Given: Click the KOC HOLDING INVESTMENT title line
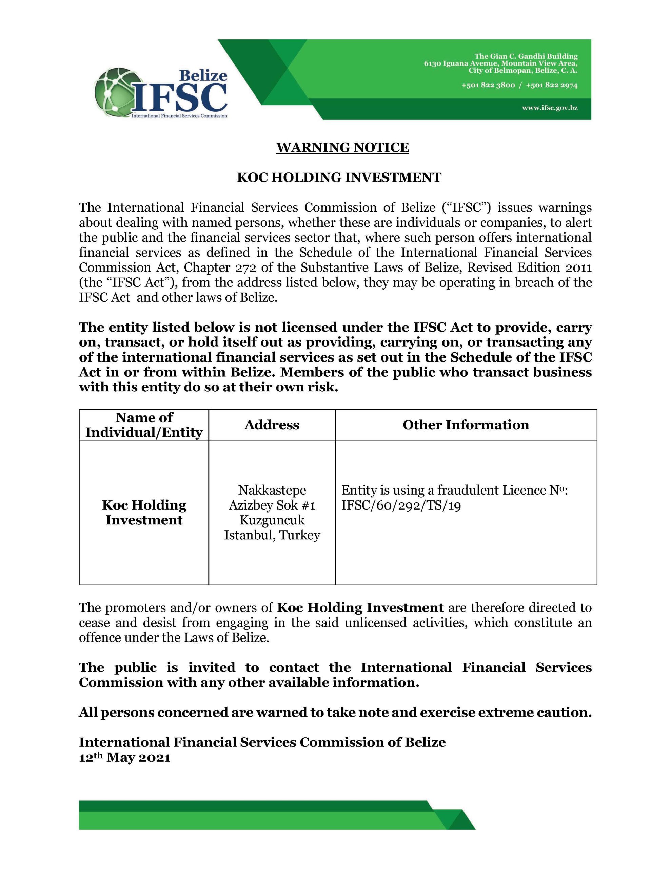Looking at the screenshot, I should click(339, 178).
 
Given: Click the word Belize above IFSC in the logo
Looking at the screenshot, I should click(203, 76).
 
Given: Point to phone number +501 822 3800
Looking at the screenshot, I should click(488, 85).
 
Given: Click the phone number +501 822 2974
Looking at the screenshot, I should click(551, 85).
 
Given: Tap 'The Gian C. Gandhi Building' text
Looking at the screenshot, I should click(526, 56).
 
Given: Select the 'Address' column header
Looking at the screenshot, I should click(272, 425).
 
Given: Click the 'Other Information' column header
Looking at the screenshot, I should click(466, 425).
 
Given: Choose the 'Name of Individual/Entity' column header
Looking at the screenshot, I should click(144, 425).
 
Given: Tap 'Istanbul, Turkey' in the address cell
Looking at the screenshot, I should click(272, 535).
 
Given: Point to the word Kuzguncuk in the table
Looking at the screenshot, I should click(272, 520).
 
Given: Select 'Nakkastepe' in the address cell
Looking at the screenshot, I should click(272, 490).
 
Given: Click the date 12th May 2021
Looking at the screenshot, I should click(124, 758).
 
